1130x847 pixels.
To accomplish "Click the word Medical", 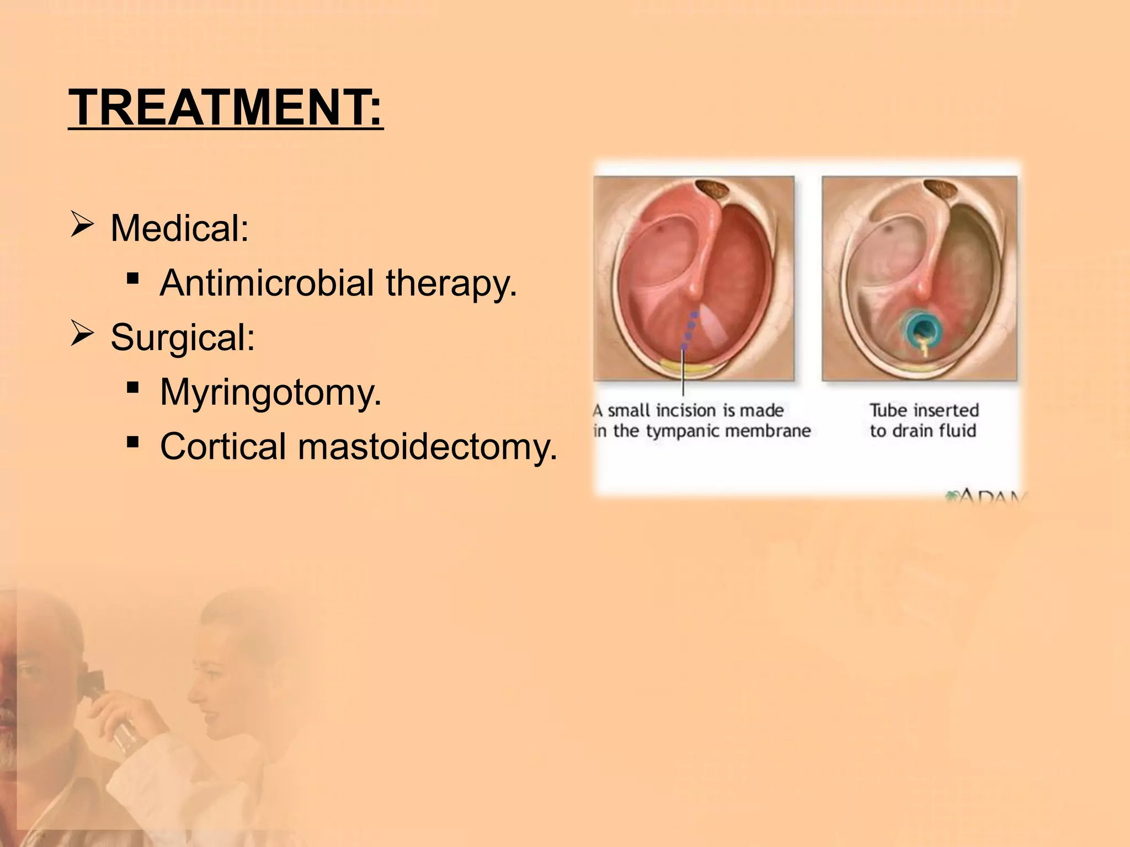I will [179, 228].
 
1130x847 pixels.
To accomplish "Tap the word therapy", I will [451, 283].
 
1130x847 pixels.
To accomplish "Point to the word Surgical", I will [183, 337].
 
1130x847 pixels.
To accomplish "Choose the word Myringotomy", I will [270, 392].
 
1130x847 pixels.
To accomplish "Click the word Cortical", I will [223, 446].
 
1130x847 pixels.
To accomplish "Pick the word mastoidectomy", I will [428, 446].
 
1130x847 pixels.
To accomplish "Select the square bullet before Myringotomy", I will [132, 388].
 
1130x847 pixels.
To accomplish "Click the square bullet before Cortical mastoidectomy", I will [132, 442].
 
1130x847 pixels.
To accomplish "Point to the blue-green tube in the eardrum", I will [919, 329].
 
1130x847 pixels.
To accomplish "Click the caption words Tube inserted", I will [924, 410].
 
